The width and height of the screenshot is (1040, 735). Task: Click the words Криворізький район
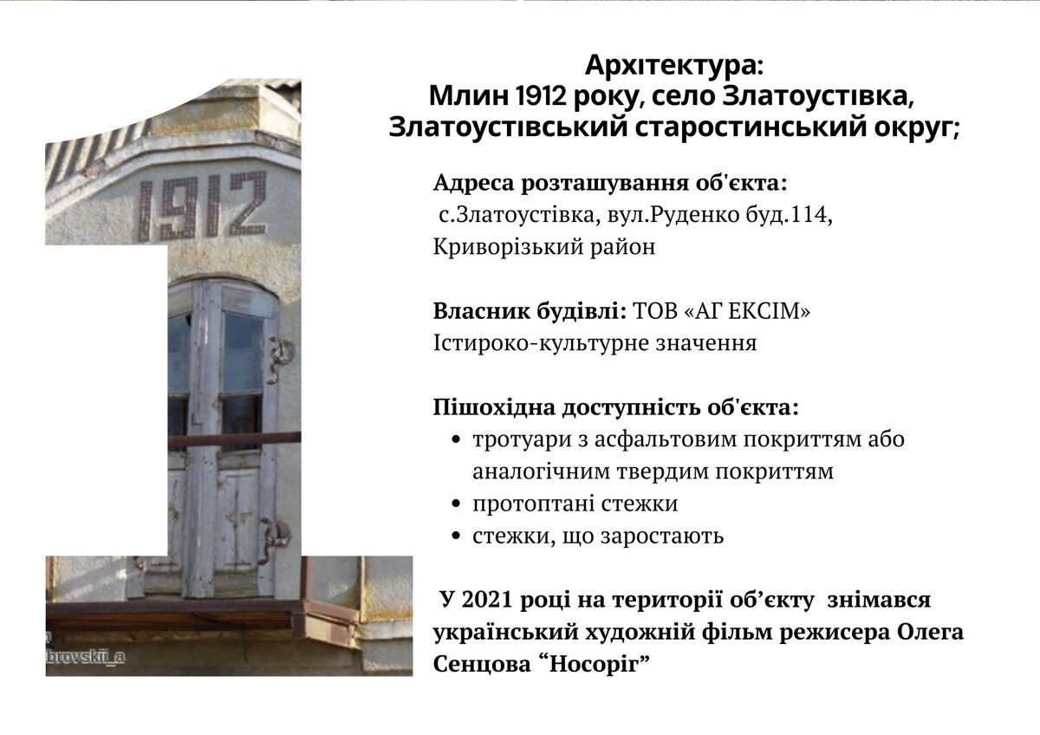coord(544,247)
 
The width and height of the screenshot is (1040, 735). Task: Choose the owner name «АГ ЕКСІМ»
coord(747,311)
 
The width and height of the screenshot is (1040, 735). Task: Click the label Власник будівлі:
coord(530,311)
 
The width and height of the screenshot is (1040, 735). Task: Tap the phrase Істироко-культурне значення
coord(595,343)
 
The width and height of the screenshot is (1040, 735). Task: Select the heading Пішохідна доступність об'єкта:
coord(616,407)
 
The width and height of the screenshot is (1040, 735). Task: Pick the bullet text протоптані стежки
coord(575,504)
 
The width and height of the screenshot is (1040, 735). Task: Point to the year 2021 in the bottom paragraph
coord(486,600)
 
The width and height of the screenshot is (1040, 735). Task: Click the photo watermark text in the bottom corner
coord(86,658)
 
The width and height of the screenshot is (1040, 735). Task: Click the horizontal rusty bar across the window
coord(235,439)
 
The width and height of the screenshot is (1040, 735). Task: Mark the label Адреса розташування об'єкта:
coord(610,183)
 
